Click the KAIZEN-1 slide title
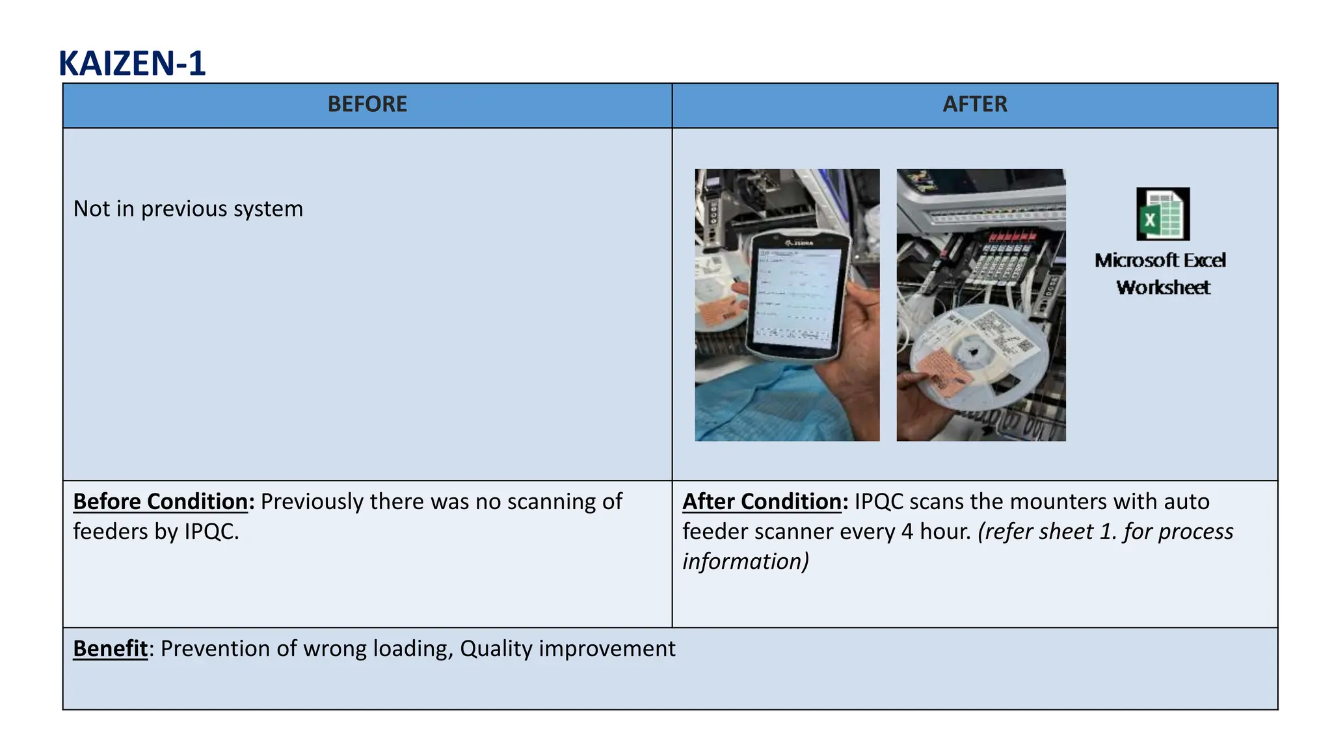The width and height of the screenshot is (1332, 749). [132, 64]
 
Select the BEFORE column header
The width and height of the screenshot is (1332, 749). [367, 105]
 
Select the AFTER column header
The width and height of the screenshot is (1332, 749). [974, 105]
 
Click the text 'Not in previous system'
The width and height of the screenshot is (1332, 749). [188, 209]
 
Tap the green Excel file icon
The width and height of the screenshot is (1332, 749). [1163, 215]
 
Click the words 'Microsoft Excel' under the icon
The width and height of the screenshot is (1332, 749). [1160, 261]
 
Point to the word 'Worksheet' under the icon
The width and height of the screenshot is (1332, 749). [1163, 288]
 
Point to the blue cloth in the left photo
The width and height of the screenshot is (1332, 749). [754, 403]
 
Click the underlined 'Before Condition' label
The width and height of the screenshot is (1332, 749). [160, 502]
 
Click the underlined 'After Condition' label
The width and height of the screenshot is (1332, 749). [762, 502]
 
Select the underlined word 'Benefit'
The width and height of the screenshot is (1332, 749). [110, 649]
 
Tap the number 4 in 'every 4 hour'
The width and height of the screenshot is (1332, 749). [907, 532]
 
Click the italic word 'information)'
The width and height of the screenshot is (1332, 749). [745, 562]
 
